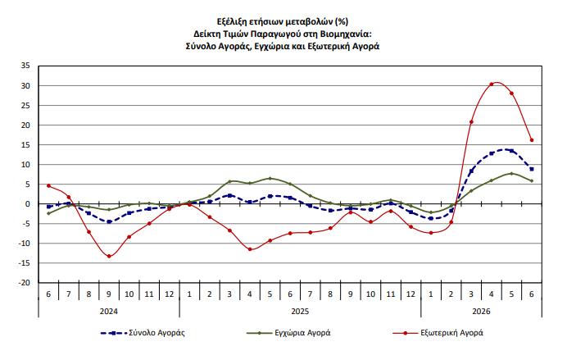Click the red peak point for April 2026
click(x=492, y=84)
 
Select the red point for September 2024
click(x=109, y=257)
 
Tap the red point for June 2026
click(x=532, y=140)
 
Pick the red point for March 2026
click(x=471, y=121)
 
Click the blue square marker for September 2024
click(x=109, y=221)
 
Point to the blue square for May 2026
click(x=511, y=151)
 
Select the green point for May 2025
click(x=270, y=178)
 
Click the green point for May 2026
click(x=511, y=174)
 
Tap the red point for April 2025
click(x=250, y=249)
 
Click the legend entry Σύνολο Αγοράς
click(x=143, y=333)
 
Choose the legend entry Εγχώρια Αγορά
click(x=288, y=333)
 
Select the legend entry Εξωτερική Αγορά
click(x=438, y=333)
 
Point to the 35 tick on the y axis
click(x=25, y=66)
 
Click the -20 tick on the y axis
click(x=25, y=283)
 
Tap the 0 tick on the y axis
click(x=28, y=204)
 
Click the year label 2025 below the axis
click(x=300, y=312)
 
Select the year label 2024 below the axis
click(x=109, y=312)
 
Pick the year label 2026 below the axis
click(x=481, y=312)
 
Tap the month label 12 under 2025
click(x=410, y=294)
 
